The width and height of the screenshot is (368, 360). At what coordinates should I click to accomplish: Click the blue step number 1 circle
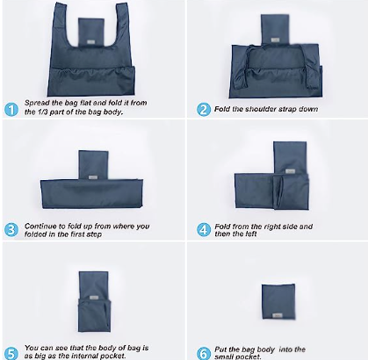(11, 110)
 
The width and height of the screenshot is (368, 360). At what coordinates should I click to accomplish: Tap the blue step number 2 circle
(204, 110)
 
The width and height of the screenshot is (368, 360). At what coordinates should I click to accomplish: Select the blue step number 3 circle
(11, 230)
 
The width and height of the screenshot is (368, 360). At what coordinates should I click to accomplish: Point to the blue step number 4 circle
(204, 230)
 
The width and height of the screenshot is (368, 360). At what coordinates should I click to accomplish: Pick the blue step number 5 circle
(11, 353)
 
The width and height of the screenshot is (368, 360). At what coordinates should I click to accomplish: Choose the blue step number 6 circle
(204, 353)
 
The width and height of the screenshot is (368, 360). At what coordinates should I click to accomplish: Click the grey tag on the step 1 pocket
(90, 42)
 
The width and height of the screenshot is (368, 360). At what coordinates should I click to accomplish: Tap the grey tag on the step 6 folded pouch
(278, 315)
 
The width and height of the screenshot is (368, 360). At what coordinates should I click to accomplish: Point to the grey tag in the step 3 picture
(93, 177)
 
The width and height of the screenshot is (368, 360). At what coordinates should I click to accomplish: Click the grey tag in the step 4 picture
(290, 171)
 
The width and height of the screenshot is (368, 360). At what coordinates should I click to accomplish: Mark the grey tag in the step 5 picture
(94, 298)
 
